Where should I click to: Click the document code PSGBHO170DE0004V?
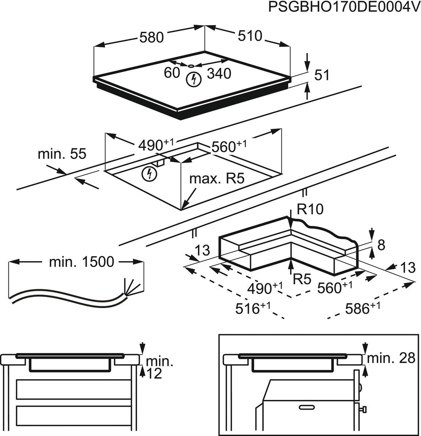344,8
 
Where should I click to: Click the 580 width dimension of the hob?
152,37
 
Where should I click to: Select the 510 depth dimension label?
250,37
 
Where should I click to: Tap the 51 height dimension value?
322,76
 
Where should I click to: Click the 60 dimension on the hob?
172,73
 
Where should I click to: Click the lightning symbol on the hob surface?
192,79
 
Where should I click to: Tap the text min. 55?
62,154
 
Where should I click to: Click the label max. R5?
217,179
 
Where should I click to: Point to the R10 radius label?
310,210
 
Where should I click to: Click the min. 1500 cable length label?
81,262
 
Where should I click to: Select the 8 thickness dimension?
381,245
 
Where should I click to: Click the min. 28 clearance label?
391,358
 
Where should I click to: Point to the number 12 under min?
153,373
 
